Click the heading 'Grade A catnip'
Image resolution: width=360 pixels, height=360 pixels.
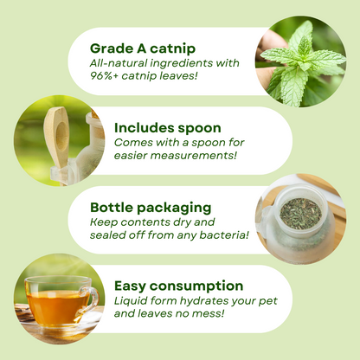[x=142, y=48]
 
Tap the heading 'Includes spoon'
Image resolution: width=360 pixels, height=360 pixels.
[x=167, y=127]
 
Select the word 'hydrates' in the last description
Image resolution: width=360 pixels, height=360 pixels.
[x=193, y=301]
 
